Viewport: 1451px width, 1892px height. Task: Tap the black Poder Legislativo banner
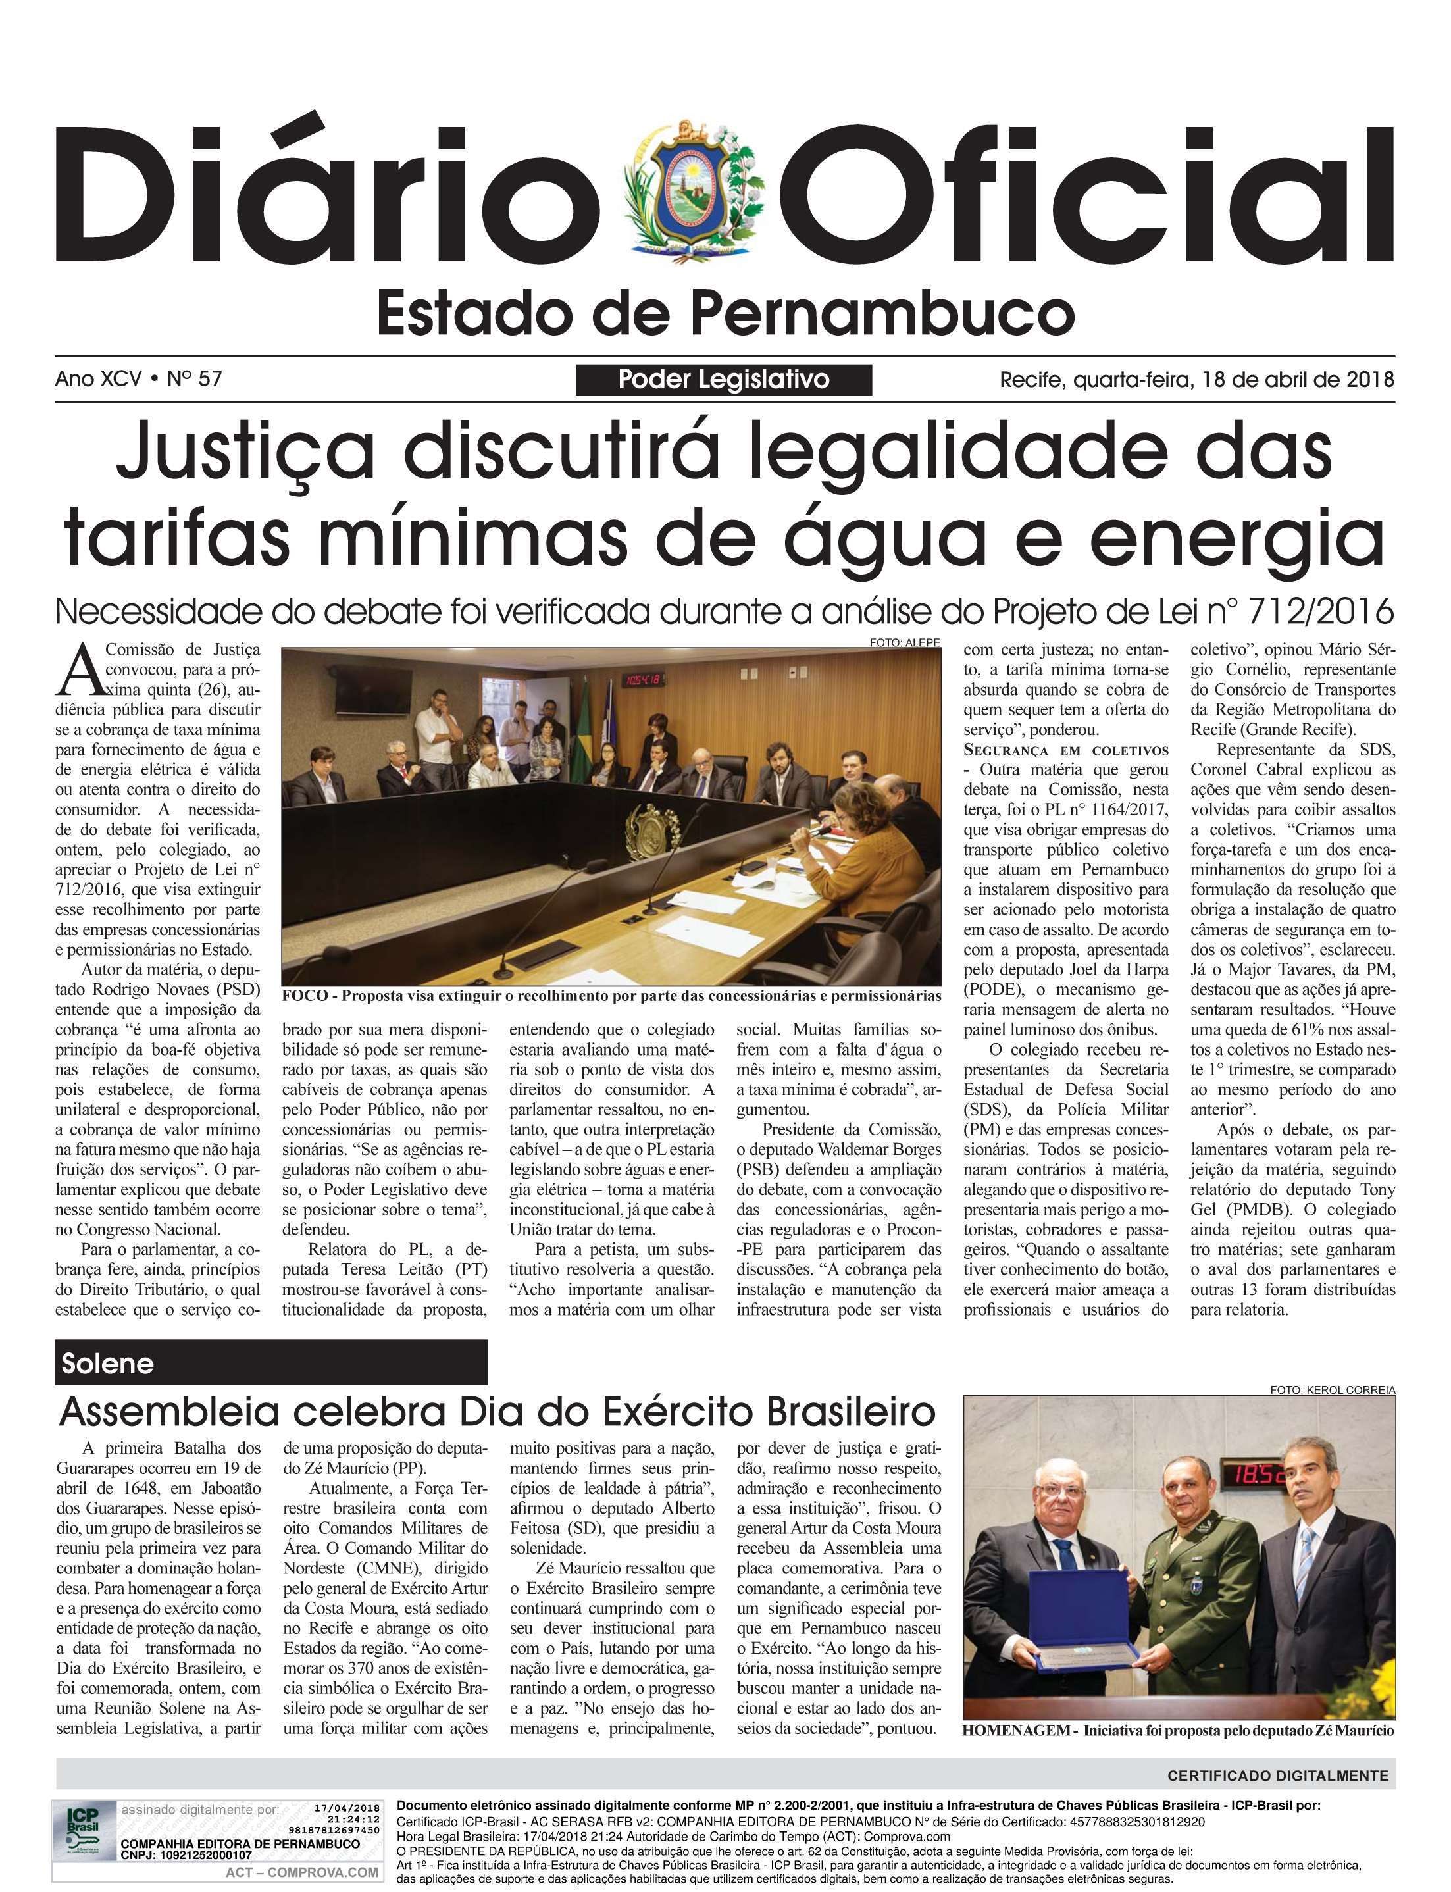(724, 380)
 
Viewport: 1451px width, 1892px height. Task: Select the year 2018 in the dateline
(1370, 379)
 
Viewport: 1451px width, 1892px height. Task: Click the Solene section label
(107, 1364)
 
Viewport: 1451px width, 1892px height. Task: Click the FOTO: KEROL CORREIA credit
(1332, 1389)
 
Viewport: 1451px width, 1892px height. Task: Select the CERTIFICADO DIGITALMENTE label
(1277, 1776)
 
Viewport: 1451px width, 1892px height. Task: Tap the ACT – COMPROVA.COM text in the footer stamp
(301, 1872)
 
